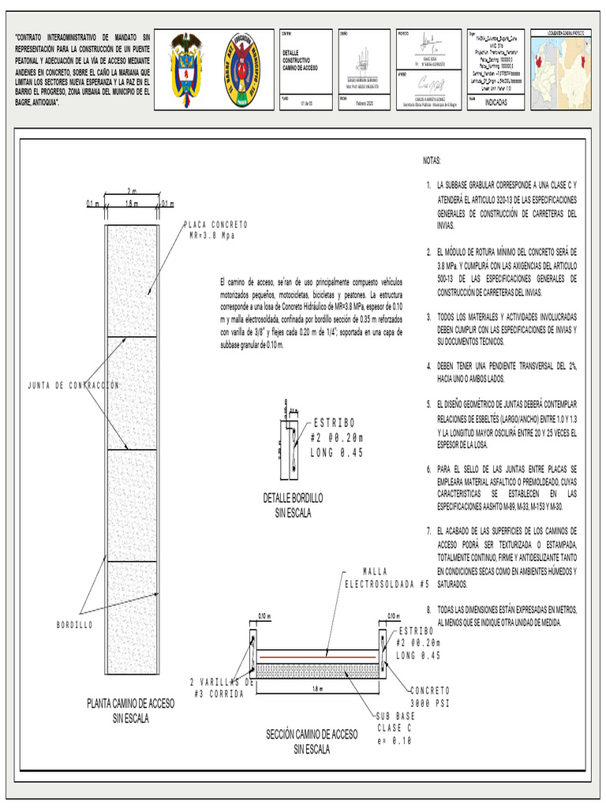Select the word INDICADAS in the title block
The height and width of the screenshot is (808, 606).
point(496,103)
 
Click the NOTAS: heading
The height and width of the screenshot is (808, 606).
point(432,160)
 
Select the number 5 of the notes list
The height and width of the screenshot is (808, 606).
point(428,402)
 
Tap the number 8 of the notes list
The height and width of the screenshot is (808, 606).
point(428,610)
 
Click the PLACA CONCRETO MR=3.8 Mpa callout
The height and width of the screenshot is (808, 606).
point(215,230)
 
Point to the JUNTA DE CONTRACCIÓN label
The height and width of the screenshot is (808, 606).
point(73,386)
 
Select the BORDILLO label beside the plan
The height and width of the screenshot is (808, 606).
point(74,624)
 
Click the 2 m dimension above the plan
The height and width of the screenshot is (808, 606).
point(132,192)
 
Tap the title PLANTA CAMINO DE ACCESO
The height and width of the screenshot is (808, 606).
point(130,703)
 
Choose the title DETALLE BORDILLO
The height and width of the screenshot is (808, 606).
point(293,498)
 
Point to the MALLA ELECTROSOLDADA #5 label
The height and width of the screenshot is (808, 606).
point(387,578)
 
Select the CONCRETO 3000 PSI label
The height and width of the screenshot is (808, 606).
point(430,695)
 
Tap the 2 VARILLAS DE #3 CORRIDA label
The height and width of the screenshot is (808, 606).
point(223,687)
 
